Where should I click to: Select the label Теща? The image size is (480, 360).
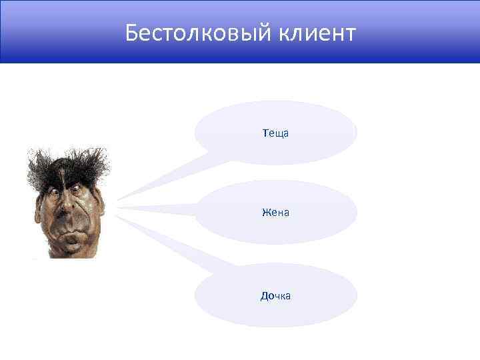tap(275, 133)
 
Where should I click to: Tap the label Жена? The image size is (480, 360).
tap(275, 213)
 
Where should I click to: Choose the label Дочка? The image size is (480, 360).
tap(275, 295)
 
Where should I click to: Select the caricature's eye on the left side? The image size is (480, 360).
tap(53, 192)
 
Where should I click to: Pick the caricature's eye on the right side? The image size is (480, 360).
tap(78, 190)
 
